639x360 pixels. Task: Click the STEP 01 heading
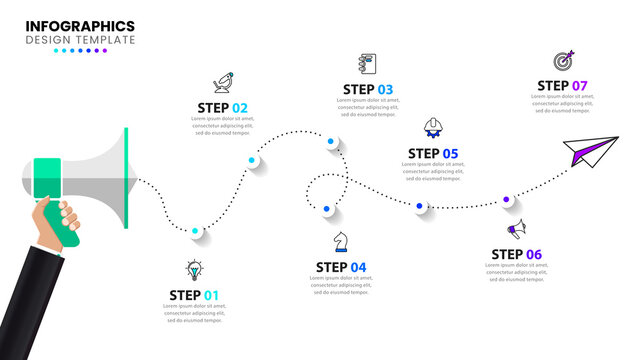pos(193,295)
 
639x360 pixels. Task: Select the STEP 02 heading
pos(222,108)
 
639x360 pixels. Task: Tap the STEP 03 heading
pos(367,89)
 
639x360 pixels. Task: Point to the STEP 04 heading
pos(341,267)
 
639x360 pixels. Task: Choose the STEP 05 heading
pos(433,154)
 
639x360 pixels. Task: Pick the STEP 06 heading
pos(516,254)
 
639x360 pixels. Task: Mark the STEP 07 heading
pos(562,86)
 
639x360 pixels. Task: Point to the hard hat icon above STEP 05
pos(434,128)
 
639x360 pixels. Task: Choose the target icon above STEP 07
pos(563,61)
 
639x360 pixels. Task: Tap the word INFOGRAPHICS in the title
pos(80,26)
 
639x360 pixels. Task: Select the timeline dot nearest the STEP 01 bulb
pos(196,232)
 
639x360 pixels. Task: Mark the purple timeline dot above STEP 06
pos(507,201)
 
